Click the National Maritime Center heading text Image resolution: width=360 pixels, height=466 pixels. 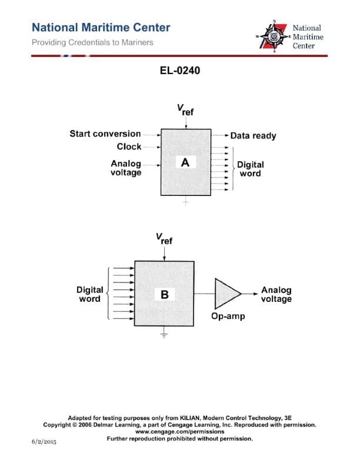point(101,28)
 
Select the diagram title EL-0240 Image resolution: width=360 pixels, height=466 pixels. point(179,71)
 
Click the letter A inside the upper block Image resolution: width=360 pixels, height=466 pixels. point(185,162)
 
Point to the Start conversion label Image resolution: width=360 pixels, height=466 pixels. point(105,134)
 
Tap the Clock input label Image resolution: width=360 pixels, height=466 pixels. point(129,147)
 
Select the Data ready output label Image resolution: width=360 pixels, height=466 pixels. point(253,135)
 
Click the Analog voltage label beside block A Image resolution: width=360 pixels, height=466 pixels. point(126,168)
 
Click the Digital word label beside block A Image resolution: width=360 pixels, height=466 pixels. point(251,169)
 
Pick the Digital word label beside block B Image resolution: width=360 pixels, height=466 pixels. point(90,294)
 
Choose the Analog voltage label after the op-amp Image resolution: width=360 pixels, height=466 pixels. point(276,294)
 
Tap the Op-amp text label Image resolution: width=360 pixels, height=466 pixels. point(228,316)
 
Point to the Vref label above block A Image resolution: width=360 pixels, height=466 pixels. point(185,110)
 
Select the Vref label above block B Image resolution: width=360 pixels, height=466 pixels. point(164,239)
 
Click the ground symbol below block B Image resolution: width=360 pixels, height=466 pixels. point(164,335)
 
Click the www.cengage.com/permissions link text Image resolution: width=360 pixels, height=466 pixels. point(179,431)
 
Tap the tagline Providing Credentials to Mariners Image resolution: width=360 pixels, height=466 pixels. point(92,42)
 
